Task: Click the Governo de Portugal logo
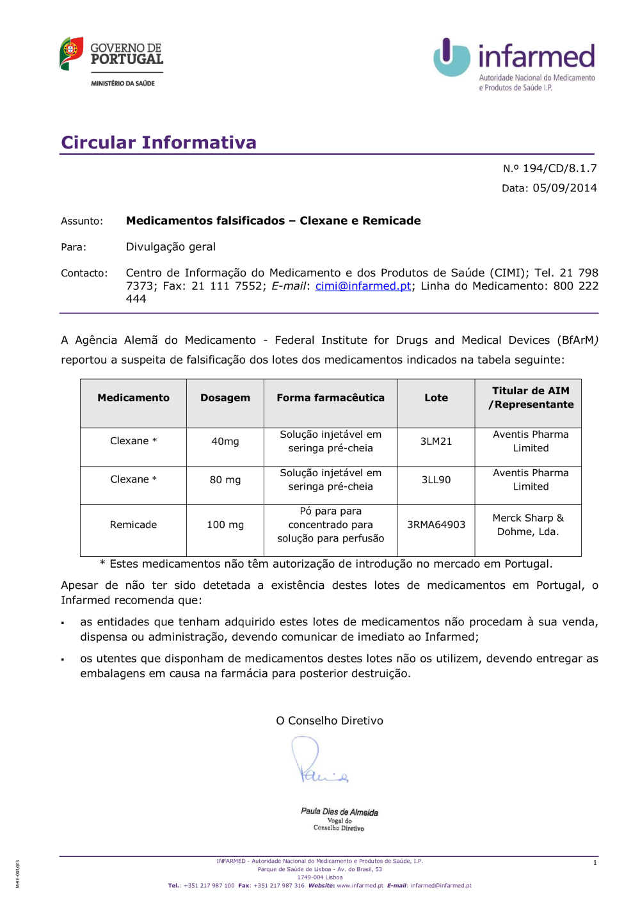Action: click(112, 59)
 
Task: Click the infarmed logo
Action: click(515, 63)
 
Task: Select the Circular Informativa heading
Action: click(159, 142)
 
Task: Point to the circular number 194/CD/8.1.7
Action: click(559, 168)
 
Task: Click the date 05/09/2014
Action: click(564, 188)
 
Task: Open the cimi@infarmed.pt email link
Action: click(363, 286)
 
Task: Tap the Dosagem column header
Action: click(225, 398)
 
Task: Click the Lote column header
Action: click(436, 398)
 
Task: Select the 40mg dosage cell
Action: click(225, 442)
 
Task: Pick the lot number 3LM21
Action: click(436, 442)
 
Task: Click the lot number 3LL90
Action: click(436, 480)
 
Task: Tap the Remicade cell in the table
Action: click(133, 525)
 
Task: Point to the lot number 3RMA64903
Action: click(436, 525)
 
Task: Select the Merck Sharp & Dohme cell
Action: click(528, 525)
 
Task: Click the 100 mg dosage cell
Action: click(225, 525)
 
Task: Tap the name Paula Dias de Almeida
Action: click(339, 812)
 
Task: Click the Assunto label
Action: click(82, 221)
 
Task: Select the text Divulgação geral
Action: click(170, 247)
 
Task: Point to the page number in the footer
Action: click(595, 863)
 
